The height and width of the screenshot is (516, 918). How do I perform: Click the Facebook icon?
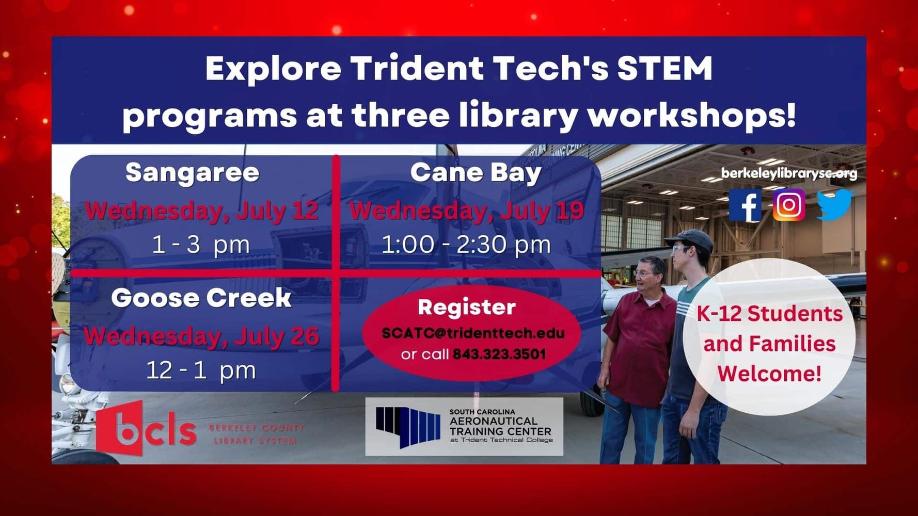[x=745, y=205]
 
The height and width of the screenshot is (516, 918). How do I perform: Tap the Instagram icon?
[x=788, y=205]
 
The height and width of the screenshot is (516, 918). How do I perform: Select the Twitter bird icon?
[x=834, y=204]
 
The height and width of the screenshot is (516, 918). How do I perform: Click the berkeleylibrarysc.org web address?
[x=789, y=173]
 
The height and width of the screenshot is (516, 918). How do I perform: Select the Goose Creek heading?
[x=201, y=298]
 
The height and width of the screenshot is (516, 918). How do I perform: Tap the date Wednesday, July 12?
[x=202, y=212]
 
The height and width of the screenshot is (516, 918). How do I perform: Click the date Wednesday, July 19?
[x=467, y=212]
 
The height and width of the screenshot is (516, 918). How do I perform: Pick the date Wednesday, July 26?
[x=202, y=337]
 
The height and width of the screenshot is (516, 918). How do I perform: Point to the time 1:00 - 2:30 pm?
[x=466, y=245]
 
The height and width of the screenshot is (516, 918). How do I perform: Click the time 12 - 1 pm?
[x=201, y=370]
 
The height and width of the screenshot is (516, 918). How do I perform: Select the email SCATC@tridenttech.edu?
[x=473, y=333]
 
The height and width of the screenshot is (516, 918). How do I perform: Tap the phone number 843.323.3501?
[x=499, y=354]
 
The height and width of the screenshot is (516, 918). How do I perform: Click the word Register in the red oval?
[x=467, y=308]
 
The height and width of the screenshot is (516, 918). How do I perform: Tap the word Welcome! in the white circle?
[x=769, y=374]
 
